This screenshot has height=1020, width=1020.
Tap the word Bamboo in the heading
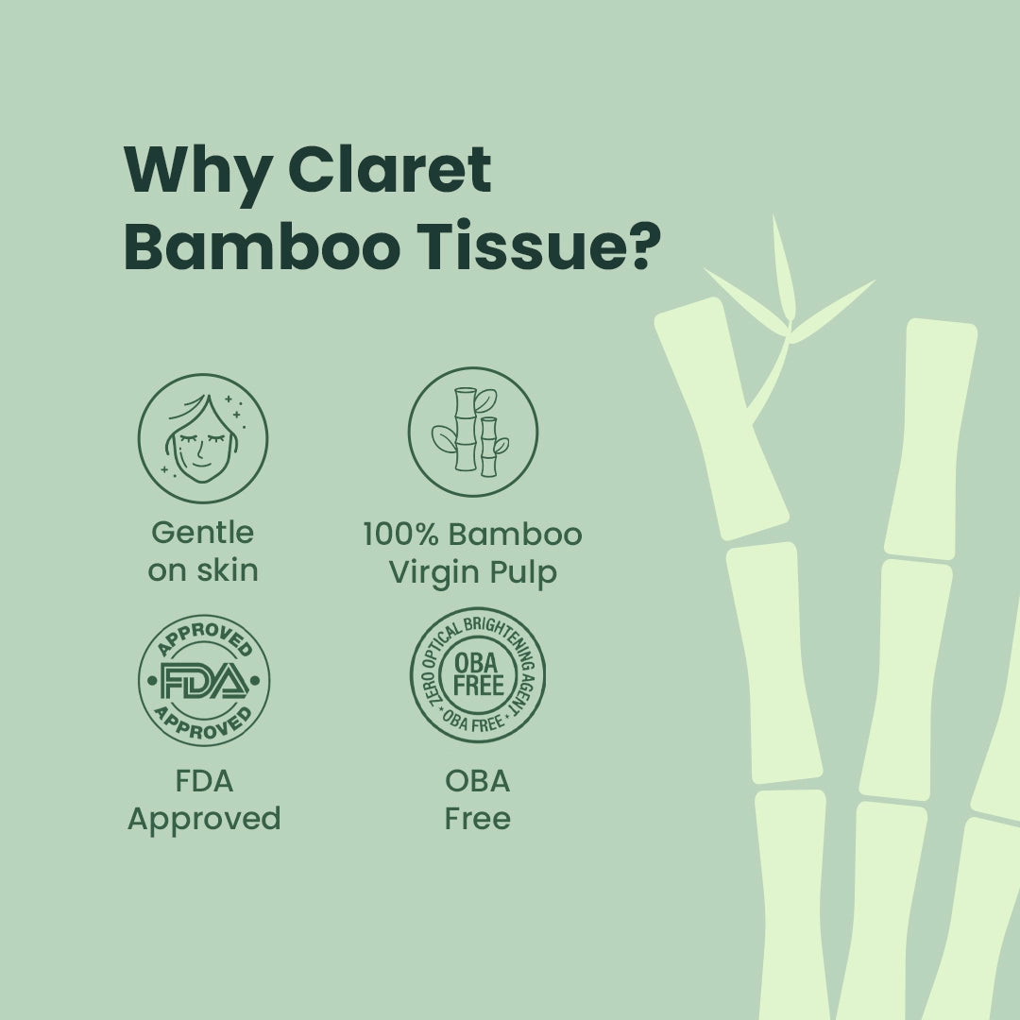[x=266, y=248]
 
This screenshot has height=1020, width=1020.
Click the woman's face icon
[x=203, y=439]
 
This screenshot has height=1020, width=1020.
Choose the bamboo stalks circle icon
[x=473, y=433]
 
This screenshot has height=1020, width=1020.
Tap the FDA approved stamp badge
[x=204, y=681]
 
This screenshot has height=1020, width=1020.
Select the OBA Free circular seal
[x=478, y=675]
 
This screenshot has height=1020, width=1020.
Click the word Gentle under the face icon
[x=203, y=533]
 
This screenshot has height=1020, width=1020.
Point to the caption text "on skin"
[x=203, y=570]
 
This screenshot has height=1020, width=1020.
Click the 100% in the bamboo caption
[x=400, y=535]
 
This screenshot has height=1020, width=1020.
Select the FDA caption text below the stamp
[x=204, y=781]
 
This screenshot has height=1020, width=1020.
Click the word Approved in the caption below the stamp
[x=204, y=818]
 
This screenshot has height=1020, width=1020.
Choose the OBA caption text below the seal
[x=477, y=781]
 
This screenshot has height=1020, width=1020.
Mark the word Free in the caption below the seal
[x=477, y=818]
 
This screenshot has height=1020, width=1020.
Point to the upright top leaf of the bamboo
[x=783, y=269]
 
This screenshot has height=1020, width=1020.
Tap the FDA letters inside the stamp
[x=204, y=681]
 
